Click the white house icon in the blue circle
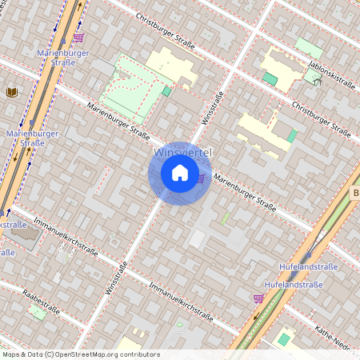(x=180, y=173)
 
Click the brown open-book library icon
(x=11, y=93)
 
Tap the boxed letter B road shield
(x=355, y=193)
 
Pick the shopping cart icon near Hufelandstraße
(x=258, y=298)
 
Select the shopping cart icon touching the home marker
(x=201, y=178)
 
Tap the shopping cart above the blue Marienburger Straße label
(x=78, y=37)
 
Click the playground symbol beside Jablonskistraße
(x=317, y=80)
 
